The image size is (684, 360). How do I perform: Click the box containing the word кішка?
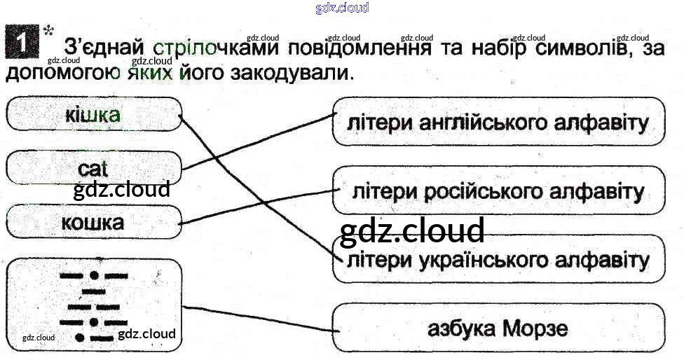pos(93,115)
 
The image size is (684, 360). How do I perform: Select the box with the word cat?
pos(93,168)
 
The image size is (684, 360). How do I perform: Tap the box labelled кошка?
pos(93,222)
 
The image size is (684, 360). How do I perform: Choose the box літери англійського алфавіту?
pos(498,123)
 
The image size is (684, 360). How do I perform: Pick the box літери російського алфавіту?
pos(498,191)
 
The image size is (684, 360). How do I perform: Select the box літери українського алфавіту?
pos(498,260)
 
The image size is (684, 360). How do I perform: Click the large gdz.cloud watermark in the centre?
pos(412,231)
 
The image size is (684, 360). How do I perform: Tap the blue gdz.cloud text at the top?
pos(342,8)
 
